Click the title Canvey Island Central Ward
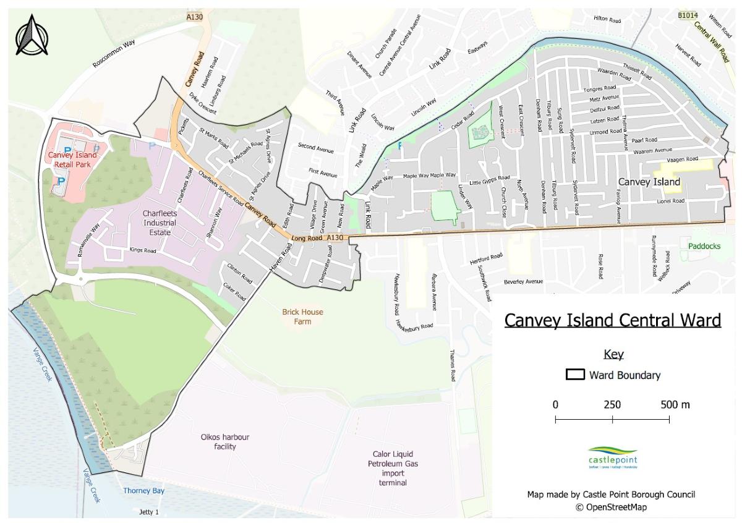612,320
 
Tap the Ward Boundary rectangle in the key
576,375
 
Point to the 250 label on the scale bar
612,405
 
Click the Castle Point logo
612,458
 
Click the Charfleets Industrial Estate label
160,223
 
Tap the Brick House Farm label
302,317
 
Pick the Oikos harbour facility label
225,441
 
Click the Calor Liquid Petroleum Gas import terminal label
393,468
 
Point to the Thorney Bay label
143,491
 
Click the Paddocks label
704,246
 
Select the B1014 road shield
688,15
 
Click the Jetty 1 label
149,512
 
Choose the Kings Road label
143,251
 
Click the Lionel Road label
670,201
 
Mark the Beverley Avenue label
522,281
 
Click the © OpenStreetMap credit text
611,508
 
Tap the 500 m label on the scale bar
675,405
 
